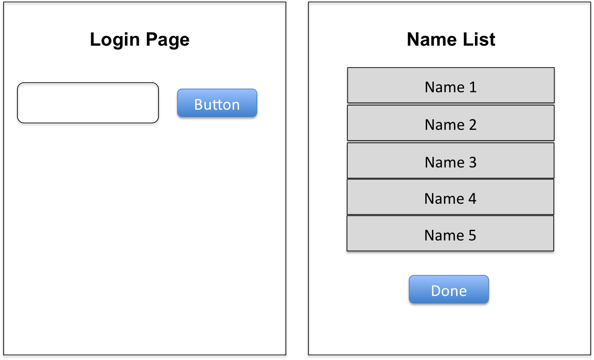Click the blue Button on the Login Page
pyautogui.click(x=217, y=103)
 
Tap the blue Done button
pyautogui.click(x=449, y=289)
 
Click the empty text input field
pyautogui.click(x=88, y=103)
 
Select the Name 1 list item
pyautogui.click(x=451, y=85)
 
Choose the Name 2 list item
pyautogui.click(x=451, y=123)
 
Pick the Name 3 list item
pyautogui.click(x=451, y=160)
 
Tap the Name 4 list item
pyautogui.click(x=451, y=197)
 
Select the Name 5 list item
pyautogui.click(x=450, y=233)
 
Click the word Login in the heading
pyautogui.click(x=115, y=40)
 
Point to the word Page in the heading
pyautogui.click(x=167, y=40)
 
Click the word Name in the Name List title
pyautogui.click(x=432, y=39)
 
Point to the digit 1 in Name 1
pyautogui.click(x=473, y=87)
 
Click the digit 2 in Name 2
pyautogui.click(x=473, y=124)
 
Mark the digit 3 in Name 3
pyautogui.click(x=473, y=163)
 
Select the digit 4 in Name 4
pyautogui.click(x=472, y=199)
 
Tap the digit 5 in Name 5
pyautogui.click(x=472, y=236)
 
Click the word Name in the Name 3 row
pyautogui.click(x=444, y=163)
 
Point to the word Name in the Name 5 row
pyautogui.click(x=444, y=236)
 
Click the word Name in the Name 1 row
pyautogui.click(x=444, y=87)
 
